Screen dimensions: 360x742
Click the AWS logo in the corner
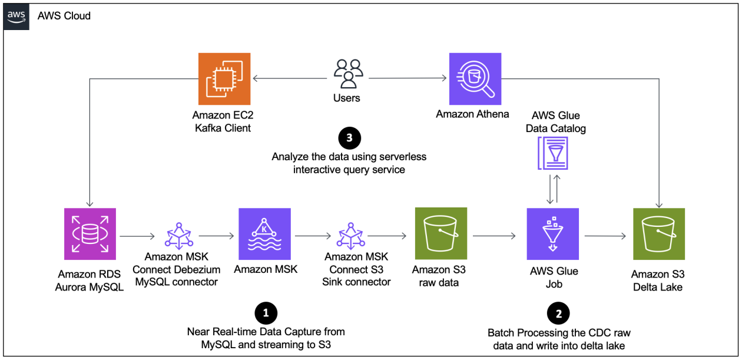pos(17,16)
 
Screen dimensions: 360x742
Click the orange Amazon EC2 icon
pos(224,79)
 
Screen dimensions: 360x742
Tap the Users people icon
pos(347,74)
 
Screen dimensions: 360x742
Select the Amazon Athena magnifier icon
pos(475,79)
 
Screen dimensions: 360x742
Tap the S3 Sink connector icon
pos(350,236)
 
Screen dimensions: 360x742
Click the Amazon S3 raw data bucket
pos(440,234)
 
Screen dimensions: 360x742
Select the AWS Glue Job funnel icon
pos(553,234)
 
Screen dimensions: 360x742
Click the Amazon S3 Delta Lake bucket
pos(658,234)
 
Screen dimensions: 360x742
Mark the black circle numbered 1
pos(266,312)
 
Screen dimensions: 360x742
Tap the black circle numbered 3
pos(349,138)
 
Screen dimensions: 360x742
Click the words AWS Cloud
pos(64,16)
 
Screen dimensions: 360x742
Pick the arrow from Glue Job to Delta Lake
pos(605,236)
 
